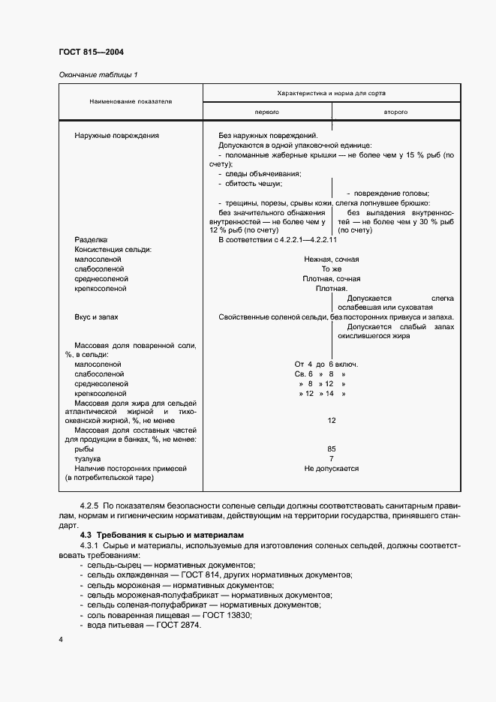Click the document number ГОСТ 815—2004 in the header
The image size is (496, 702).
91,52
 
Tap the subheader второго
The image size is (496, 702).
395,111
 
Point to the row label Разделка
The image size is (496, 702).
92,239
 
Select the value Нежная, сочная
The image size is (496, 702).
331,259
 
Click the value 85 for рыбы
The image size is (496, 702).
331,448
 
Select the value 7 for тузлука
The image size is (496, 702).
331,458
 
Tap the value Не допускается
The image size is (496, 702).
331,468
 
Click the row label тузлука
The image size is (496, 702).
88,458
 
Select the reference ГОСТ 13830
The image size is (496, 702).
226,614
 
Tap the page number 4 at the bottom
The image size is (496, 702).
61,639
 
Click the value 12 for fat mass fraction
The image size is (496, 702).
331,420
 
